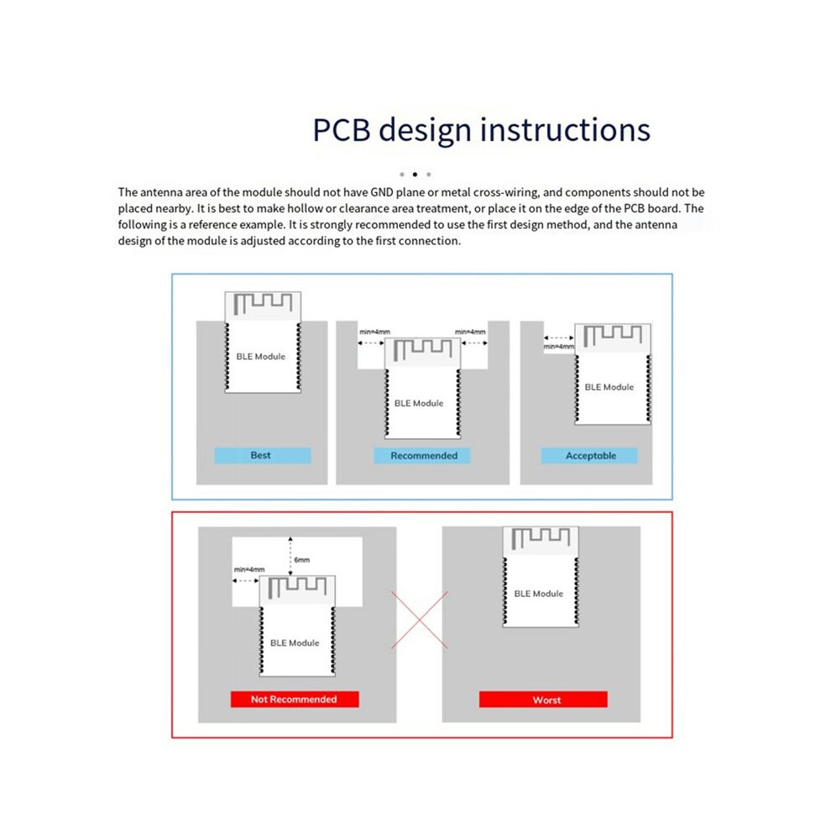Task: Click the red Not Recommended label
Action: pyautogui.click(x=295, y=699)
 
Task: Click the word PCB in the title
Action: pyautogui.click(x=342, y=130)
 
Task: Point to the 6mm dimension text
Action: pyautogui.click(x=302, y=560)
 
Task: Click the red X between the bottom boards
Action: pyautogui.click(x=419, y=620)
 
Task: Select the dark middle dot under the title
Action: pyautogui.click(x=415, y=175)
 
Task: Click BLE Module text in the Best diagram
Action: pyautogui.click(x=261, y=357)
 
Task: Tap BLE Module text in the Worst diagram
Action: pyautogui.click(x=538, y=593)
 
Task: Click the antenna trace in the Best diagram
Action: pyautogui.click(x=263, y=303)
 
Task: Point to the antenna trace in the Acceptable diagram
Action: pyautogui.click(x=613, y=336)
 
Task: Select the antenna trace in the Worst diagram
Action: pyautogui.click(x=541, y=538)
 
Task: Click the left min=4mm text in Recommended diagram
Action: pyautogui.click(x=374, y=332)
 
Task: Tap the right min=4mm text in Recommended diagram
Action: pyautogui.click(x=470, y=332)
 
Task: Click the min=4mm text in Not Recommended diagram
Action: pyautogui.click(x=249, y=569)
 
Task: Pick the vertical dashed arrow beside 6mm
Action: pyautogui.click(x=290, y=556)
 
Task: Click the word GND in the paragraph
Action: pyautogui.click(x=382, y=192)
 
